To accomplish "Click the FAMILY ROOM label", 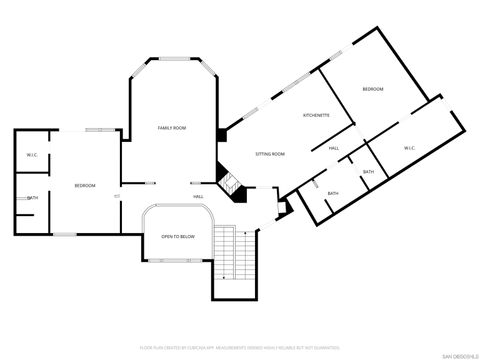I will click(x=172, y=128).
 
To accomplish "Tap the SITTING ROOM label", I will click(x=270, y=154).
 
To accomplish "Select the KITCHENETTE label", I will click(x=317, y=116).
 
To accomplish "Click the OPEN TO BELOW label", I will click(x=178, y=236).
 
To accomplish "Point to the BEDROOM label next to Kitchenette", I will click(x=373, y=90).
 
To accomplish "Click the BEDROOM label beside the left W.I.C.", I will click(x=84, y=186).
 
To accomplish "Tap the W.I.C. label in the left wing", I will click(x=32, y=155).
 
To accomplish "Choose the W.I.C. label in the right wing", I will click(x=410, y=148).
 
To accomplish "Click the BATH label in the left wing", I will click(x=33, y=197).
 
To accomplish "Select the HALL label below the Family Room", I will click(x=199, y=197).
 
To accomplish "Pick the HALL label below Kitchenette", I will click(x=334, y=148).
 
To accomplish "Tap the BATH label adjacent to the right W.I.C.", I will click(x=368, y=172).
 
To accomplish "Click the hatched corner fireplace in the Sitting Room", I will click(x=231, y=184).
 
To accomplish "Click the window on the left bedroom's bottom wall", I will click(x=66, y=234).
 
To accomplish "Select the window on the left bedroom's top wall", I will click(x=99, y=130).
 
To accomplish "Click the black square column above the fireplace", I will click(x=221, y=134).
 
